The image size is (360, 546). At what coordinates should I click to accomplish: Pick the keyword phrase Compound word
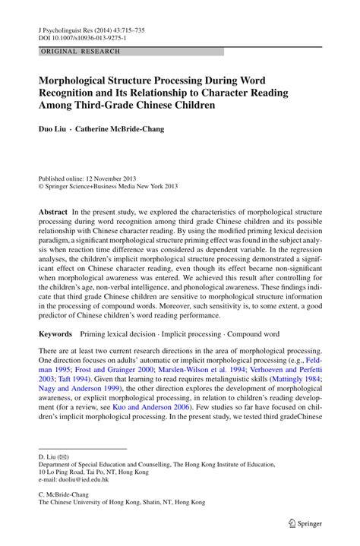point(252,333)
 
